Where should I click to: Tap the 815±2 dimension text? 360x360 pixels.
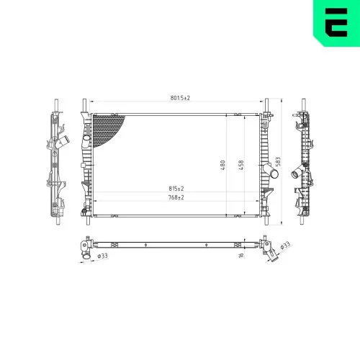176,189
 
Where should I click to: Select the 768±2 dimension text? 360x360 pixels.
176,197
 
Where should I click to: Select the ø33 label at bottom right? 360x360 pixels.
286,246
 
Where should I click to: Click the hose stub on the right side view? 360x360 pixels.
294,174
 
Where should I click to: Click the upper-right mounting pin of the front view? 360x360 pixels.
267,106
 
